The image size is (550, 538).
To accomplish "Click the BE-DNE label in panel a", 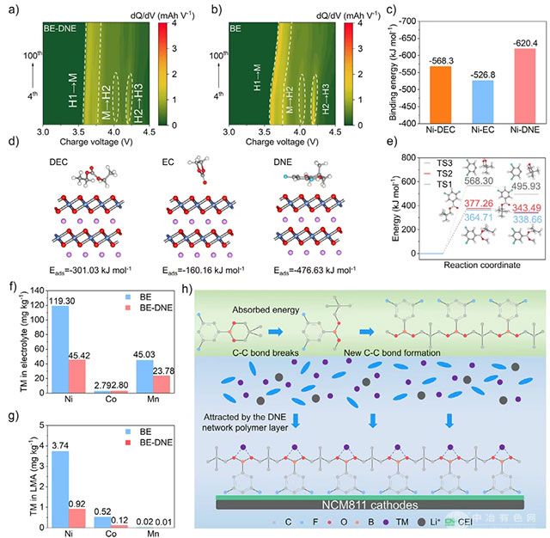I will point(61,28).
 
